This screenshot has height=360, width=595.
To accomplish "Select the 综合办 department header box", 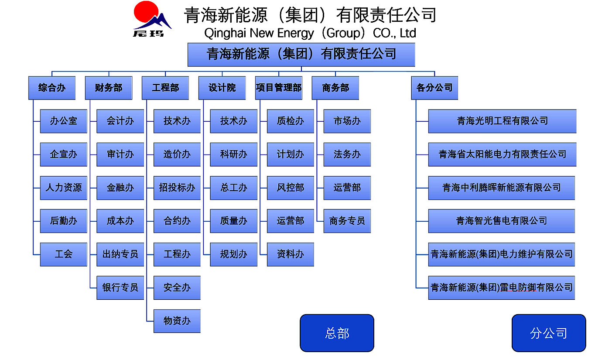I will coord(52,88).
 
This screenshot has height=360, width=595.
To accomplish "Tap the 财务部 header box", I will coord(109,88).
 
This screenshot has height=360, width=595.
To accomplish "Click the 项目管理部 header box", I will coord(279,88).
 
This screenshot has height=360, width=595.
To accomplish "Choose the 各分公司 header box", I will coord(434,88).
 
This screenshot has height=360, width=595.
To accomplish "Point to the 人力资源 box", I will coord(64,188).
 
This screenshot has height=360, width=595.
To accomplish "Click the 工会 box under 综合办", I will coord(64,254).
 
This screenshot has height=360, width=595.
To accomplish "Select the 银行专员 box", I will coord(120,288).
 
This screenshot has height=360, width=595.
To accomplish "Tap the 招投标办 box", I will coord(177,188).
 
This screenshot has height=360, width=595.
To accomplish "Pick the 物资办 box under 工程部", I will coord(177,321).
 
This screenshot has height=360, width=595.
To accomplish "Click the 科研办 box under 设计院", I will coord(233,154).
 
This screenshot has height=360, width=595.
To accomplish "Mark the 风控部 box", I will coord(290,188).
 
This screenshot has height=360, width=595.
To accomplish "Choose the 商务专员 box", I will coord(347,221).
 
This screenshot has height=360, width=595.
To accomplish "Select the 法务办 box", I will coord(347,154).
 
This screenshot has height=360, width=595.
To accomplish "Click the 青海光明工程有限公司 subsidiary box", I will coord(502,121).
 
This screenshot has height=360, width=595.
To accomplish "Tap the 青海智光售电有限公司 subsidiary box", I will coord(501,221).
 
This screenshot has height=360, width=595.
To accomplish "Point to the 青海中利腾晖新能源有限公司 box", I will coord(501,188).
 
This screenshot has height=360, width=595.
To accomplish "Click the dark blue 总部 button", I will coord(337,333).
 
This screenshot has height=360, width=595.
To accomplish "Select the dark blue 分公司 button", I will coord(548,333).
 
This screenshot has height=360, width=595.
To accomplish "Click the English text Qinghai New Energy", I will coord(259,33).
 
